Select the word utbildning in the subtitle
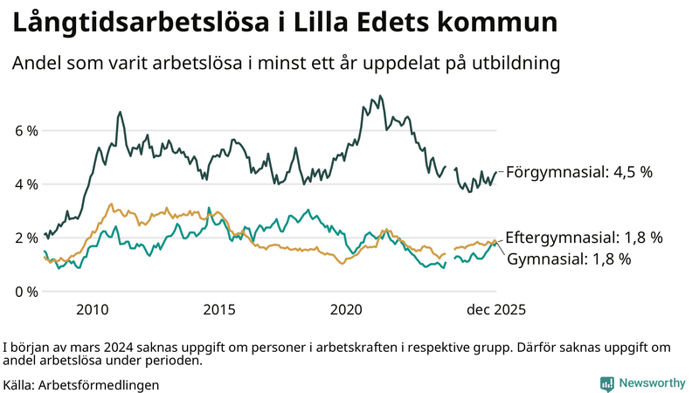click(514, 64)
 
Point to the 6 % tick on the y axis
click(25, 131)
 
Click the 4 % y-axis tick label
click(25, 184)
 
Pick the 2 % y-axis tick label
click(25, 238)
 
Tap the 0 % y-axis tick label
click(25, 291)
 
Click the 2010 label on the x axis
click(93, 309)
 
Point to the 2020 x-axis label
click(347, 309)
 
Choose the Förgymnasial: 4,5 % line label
click(579, 172)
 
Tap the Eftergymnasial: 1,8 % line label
click(585, 238)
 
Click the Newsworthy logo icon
click(606, 383)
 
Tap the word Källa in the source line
click(19, 384)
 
